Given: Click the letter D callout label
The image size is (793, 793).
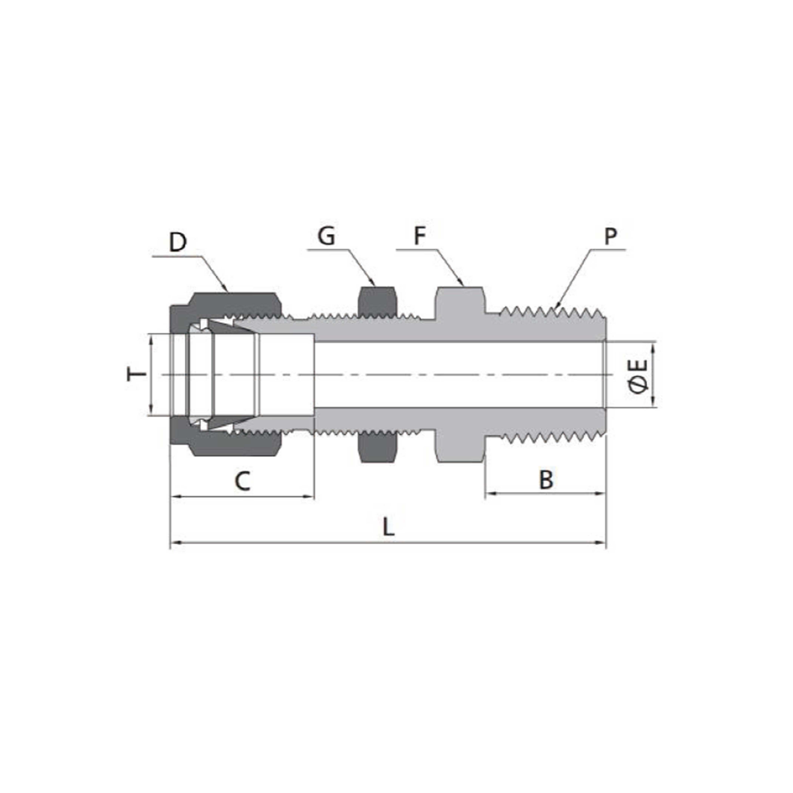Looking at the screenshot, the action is pos(178,243).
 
